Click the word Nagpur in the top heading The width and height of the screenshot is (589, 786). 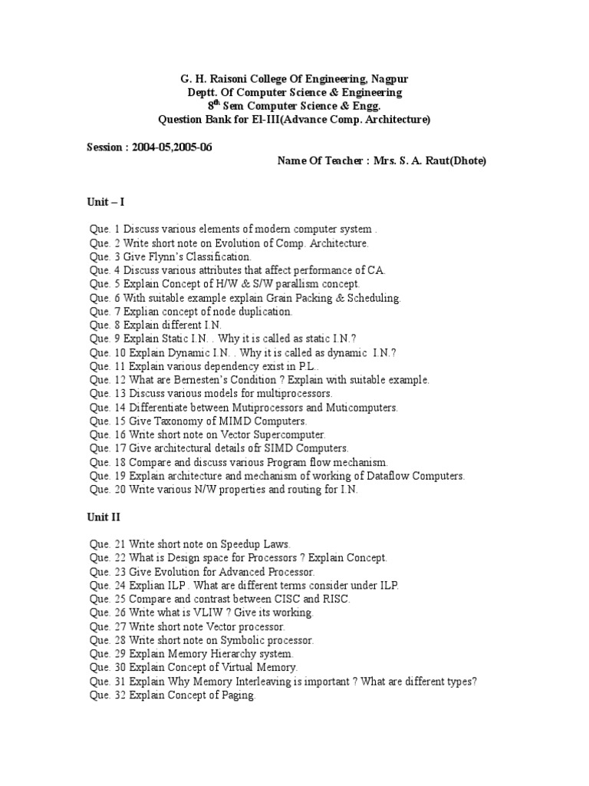pyautogui.click(x=389, y=79)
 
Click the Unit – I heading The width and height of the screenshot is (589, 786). pyautogui.click(x=106, y=202)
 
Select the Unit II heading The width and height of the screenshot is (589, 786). pyautogui.click(x=104, y=517)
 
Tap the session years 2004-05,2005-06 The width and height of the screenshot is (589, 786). pyautogui.click(x=173, y=147)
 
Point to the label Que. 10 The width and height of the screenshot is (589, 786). pyautogui.click(x=107, y=352)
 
